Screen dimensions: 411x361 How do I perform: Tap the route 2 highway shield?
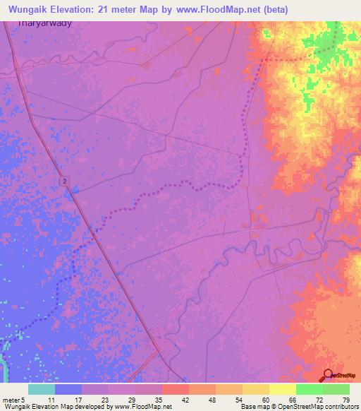tap(64, 181)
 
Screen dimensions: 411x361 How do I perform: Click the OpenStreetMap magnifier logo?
tap(328, 376)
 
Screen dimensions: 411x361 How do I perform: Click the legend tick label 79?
tap(345, 400)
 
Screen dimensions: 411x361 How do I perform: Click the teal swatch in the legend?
tap(41, 389)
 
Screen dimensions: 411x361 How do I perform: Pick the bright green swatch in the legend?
tap(308, 389)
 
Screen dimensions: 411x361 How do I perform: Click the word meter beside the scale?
tap(11, 400)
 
